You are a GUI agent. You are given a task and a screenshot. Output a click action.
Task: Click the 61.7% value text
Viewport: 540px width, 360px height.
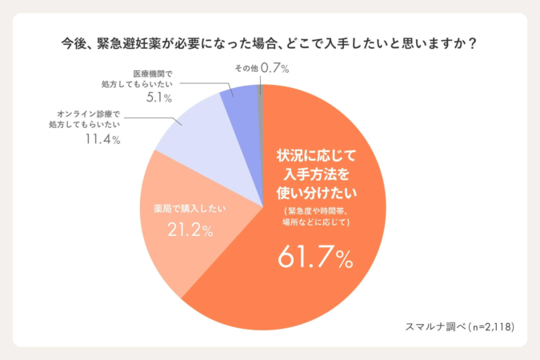pos(315,258)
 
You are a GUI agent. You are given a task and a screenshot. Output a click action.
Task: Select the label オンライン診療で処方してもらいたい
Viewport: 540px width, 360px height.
pos(88,120)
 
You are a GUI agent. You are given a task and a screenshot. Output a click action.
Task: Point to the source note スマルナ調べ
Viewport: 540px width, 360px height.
pos(433,326)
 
